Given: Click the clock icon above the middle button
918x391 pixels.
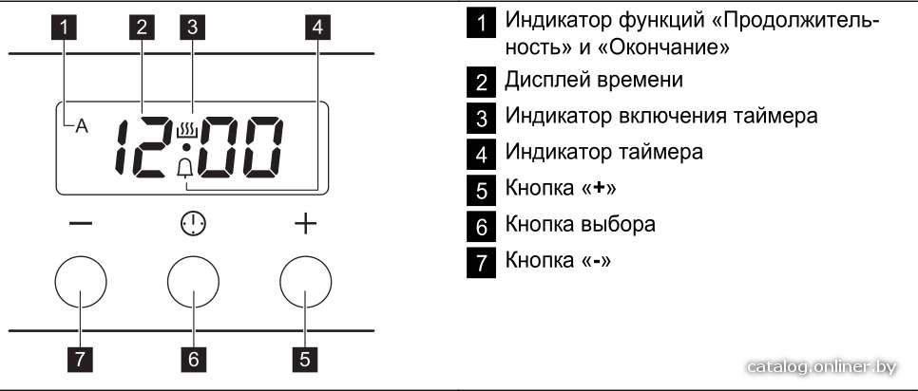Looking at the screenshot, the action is (193, 224).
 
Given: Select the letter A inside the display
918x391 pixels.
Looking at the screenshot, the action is (82, 127).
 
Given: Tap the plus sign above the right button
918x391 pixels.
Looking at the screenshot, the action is (305, 224).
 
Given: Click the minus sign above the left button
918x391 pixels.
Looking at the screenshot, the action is (80, 224).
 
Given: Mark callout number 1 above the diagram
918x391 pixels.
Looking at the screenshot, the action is (67, 28).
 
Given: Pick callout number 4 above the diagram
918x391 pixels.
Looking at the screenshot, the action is (317, 28).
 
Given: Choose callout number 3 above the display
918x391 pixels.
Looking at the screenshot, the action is (193, 28).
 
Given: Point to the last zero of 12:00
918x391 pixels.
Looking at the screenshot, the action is (261, 148).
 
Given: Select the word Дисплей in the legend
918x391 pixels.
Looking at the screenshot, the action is (546, 80).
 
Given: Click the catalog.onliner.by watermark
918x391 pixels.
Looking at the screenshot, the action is (822, 366).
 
